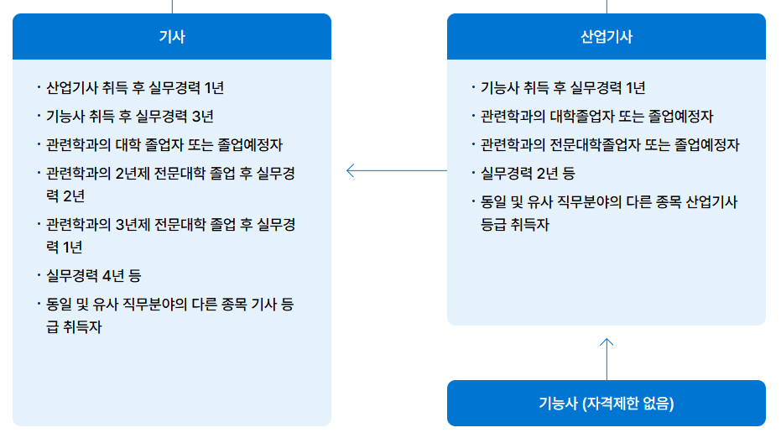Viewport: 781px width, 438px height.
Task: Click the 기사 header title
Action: point(172,36)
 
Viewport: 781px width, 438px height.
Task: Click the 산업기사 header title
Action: point(607,36)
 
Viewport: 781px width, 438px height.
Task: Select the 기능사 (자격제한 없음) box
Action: point(607,403)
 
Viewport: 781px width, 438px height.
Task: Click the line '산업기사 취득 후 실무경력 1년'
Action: point(135,87)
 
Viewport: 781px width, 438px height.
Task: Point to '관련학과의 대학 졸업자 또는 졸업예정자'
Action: point(164,144)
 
